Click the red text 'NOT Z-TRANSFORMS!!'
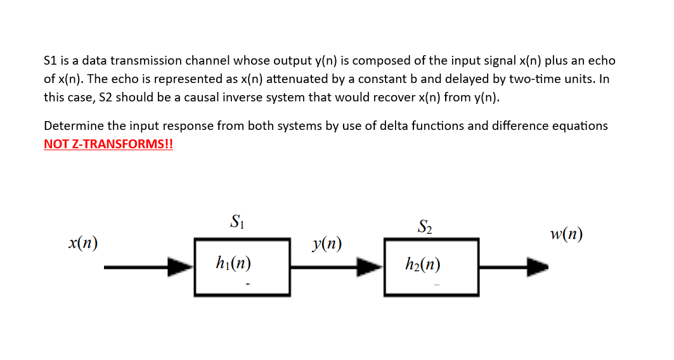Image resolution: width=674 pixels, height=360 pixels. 108,144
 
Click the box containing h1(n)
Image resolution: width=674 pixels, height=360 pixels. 242,267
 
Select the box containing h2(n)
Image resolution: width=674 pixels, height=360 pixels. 431,267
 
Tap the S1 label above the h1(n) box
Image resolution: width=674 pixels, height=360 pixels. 237,222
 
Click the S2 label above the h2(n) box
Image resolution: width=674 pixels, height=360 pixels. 425,226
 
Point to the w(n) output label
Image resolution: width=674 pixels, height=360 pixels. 566,235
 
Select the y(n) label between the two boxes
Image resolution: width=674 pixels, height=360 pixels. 328,243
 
